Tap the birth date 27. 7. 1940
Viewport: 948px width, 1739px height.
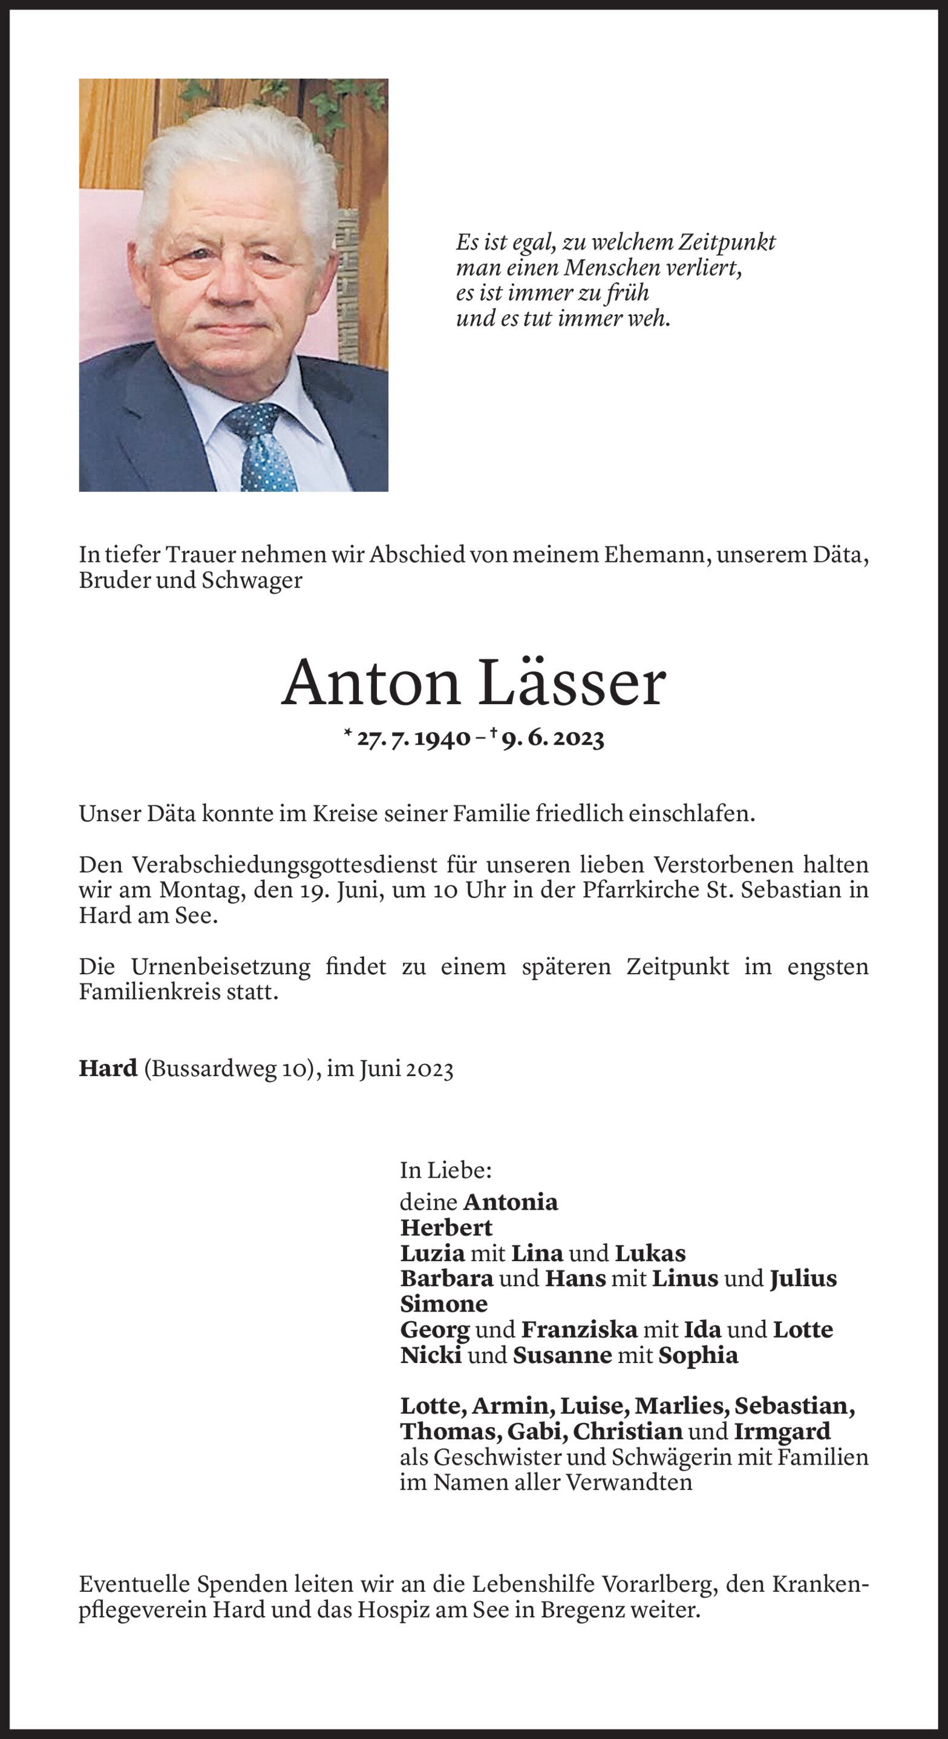coord(414,739)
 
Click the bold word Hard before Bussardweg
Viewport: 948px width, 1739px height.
coord(108,1069)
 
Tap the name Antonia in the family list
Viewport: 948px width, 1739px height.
coord(510,1202)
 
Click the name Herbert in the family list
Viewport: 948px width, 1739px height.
coord(446,1227)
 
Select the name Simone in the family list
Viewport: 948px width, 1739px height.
coord(443,1304)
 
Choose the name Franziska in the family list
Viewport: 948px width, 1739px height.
coord(579,1329)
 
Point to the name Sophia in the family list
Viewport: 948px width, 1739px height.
coord(698,1355)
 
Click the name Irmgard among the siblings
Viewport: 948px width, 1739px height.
coord(782,1431)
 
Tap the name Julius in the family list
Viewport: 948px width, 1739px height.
coord(803,1278)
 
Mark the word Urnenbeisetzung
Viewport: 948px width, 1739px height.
coord(221,967)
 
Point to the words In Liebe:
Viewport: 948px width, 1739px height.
coord(445,1170)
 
